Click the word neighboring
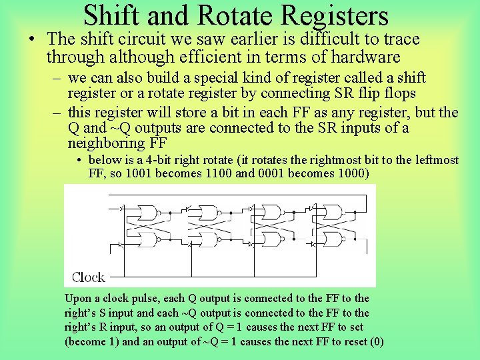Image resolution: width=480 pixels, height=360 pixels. click(x=105, y=143)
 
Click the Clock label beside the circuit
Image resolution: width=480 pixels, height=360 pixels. click(x=88, y=277)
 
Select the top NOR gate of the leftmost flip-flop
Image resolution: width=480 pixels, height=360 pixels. click(x=149, y=213)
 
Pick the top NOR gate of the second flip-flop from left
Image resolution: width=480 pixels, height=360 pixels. click(x=211, y=213)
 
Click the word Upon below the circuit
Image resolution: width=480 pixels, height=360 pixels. click(x=77, y=298)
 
